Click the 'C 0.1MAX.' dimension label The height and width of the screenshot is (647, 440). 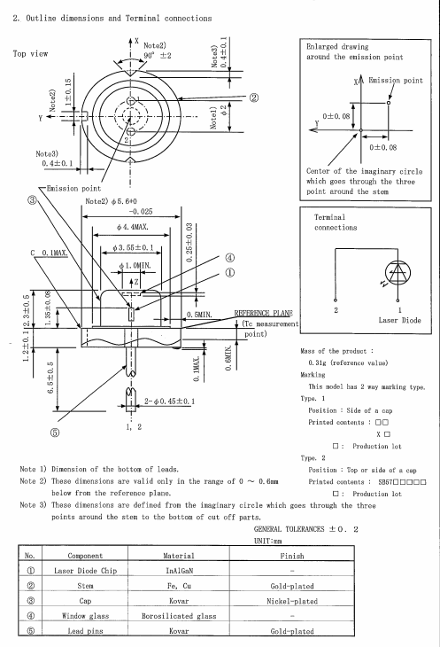pos(46,254)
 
